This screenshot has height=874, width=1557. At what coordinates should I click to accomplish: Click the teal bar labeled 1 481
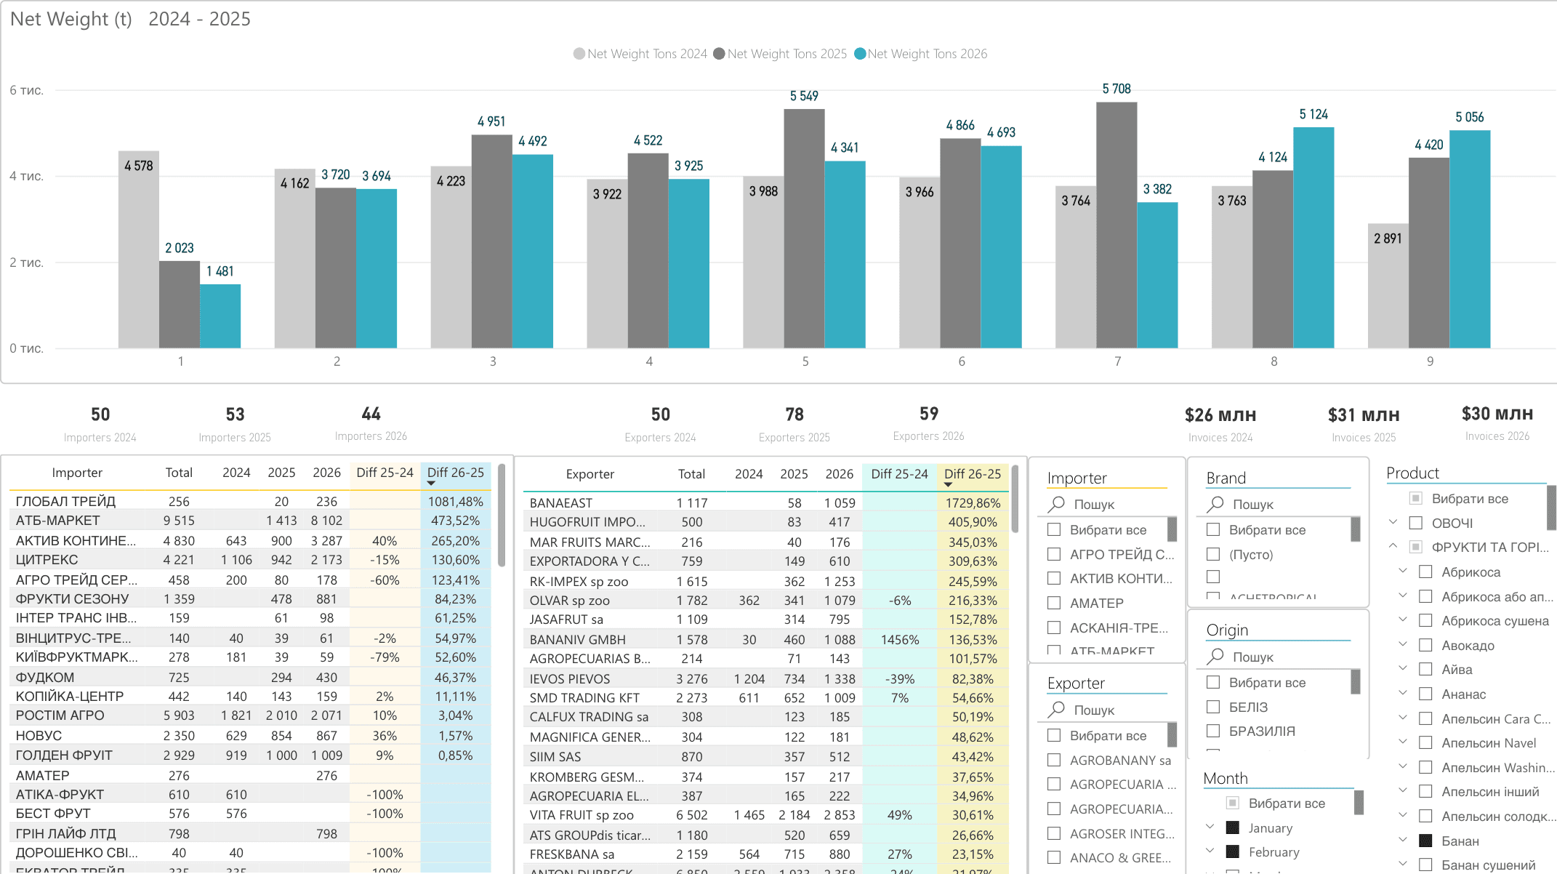pyautogui.click(x=220, y=316)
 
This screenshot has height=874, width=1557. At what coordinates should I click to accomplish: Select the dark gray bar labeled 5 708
pyautogui.click(x=1117, y=225)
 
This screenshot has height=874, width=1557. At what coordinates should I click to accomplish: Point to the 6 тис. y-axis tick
pyautogui.click(x=27, y=90)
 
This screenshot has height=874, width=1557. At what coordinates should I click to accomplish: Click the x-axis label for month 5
pyautogui.click(x=805, y=361)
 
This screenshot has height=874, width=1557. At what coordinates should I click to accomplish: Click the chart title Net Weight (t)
pyautogui.click(x=71, y=19)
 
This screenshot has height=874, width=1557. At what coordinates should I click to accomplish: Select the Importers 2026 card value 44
pyautogui.click(x=371, y=414)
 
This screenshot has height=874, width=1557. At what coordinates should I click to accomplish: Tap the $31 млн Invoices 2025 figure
pyautogui.click(x=1363, y=415)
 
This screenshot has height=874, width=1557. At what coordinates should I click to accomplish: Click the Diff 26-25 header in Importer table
pyautogui.click(x=456, y=473)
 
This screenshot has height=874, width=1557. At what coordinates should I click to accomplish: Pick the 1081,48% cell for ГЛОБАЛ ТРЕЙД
pyautogui.click(x=455, y=502)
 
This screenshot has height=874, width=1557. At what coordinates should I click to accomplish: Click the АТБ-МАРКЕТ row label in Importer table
pyautogui.click(x=58, y=521)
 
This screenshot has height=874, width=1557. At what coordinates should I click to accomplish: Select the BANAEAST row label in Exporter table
pyautogui.click(x=560, y=503)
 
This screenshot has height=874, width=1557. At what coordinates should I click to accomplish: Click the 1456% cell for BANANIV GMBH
pyautogui.click(x=899, y=640)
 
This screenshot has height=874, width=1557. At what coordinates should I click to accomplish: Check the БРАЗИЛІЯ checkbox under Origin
pyautogui.click(x=1213, y=731)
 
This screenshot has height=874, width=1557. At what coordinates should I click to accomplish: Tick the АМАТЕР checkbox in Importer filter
pyautogui.click(x=1054, y=603)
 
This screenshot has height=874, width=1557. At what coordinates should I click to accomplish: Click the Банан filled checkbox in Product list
pyautogui.click(x=1425, y=841)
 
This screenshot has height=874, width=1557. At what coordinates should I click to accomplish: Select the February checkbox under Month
pyautogui.click(x=1233, y=851)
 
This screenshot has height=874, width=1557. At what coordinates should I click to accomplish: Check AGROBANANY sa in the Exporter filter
pyautogui.click(x=1054, y=760)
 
